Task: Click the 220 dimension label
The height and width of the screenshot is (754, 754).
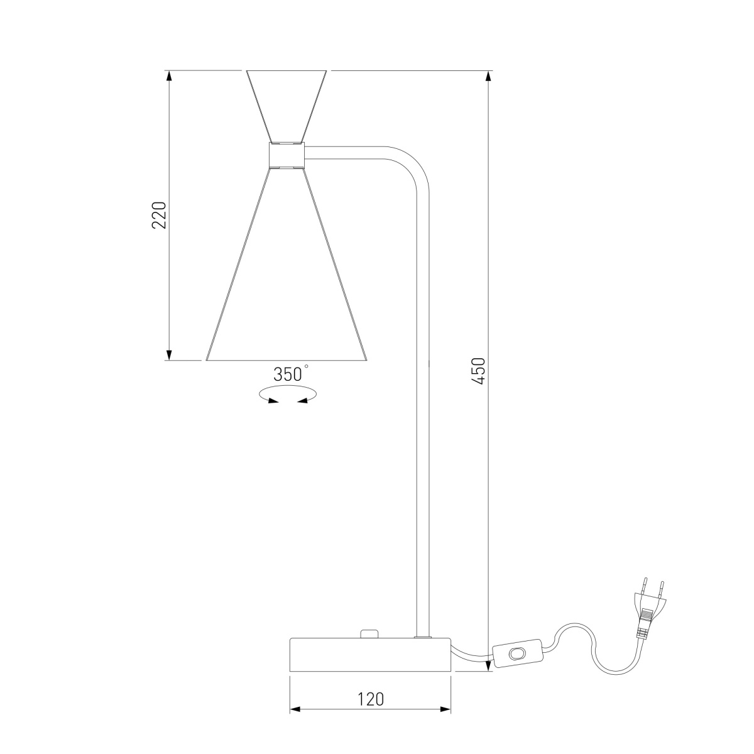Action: [x=160, y=215]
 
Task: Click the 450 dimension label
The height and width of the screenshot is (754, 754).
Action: [x=478, y=371]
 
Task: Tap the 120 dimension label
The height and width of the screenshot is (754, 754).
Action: [x=371, y=699]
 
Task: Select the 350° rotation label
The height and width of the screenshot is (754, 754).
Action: [x=289, y=374]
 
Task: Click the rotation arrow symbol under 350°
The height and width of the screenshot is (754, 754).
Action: [x=288, y=395]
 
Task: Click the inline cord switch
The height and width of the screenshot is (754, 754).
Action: [x=518, y=653]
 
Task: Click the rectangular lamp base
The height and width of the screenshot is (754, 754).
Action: [x=370, y=654]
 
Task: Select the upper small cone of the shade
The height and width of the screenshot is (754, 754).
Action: [x=287, y=104]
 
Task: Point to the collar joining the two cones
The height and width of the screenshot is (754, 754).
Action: [x=287, y=155]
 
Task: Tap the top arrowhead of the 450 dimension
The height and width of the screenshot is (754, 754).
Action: [x=488, y=76]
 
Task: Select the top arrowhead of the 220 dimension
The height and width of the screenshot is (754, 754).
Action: [x=168, y=76]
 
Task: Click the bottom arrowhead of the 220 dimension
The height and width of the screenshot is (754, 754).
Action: [x=168, y=354]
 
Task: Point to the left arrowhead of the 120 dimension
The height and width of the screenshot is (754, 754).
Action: [x=295, y=709]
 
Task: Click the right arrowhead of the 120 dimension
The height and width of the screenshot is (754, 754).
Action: [x=445, y=709]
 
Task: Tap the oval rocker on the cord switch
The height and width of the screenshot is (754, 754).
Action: [x=518, y=653]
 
